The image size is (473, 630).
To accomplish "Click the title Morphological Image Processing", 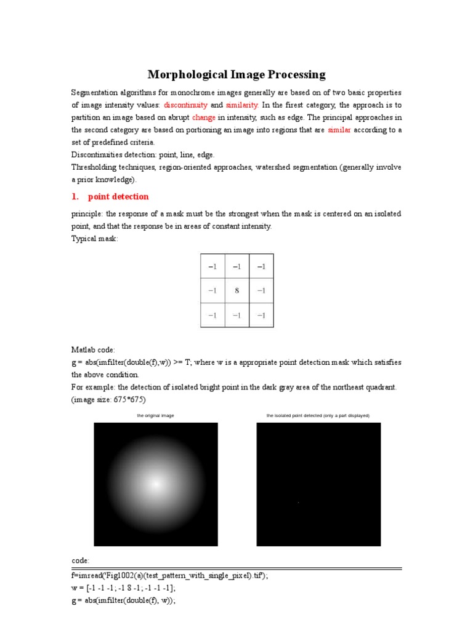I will [236, 75].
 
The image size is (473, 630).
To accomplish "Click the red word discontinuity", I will [185, 105].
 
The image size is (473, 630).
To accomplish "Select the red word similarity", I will [242, 105].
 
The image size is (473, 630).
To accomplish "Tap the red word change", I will [203, 118].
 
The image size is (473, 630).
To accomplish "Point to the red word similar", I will [339, 130].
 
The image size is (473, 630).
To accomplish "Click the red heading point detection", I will [118, 196].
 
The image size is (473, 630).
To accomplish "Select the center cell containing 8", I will [236, 290].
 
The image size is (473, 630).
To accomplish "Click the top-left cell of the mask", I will [212, 266].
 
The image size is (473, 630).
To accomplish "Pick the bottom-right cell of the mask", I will [261, 314].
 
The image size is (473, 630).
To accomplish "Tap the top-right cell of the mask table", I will [261, 266].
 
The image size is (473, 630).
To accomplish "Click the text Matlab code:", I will [93, 349].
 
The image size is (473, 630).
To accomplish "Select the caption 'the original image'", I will [155, 416].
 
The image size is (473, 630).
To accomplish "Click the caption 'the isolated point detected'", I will [318, 416].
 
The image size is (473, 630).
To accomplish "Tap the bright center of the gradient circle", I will [155, 484].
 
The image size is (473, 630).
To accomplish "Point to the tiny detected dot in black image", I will [299, 503].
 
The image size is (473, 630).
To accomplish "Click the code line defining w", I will [123, 588].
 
